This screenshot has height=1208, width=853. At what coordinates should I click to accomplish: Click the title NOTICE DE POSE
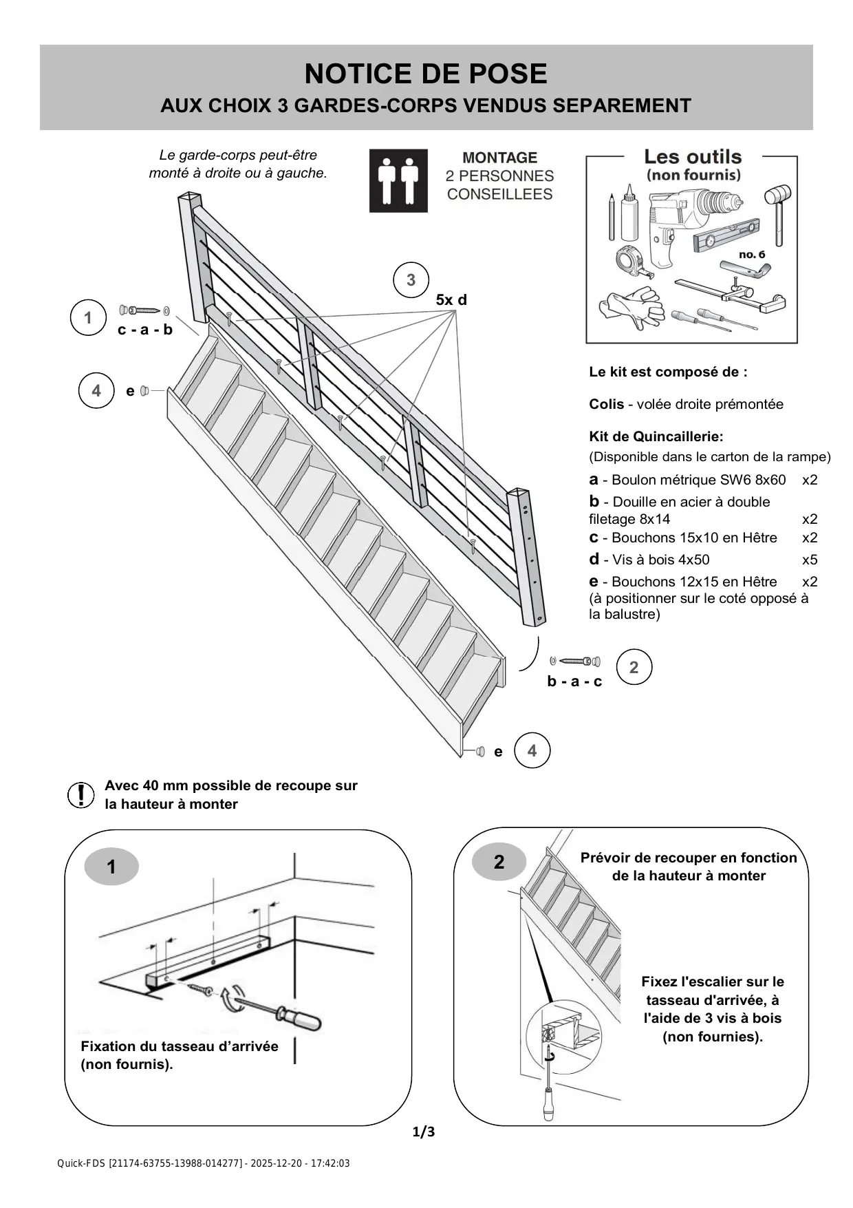point(426,74)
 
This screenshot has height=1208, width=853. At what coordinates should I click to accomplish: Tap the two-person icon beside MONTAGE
point(398,180)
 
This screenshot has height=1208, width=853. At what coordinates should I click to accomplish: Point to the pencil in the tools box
point(611,217)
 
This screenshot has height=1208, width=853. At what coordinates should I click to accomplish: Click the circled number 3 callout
point(411,280)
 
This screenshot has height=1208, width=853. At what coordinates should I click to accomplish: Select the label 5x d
point(451,300)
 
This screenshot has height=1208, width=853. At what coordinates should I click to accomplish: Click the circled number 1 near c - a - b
point(88,318)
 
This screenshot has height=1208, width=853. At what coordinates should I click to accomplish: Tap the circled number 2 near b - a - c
point(634,667)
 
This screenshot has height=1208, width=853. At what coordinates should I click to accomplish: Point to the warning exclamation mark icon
point(81,795)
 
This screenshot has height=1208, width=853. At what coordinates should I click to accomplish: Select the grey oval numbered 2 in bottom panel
point(499,862)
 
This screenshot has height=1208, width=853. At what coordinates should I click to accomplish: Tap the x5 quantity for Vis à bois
point(810,560)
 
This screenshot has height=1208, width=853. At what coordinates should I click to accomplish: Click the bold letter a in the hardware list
point(594,480)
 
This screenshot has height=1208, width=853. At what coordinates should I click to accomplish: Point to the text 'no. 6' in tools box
point(752,255)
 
